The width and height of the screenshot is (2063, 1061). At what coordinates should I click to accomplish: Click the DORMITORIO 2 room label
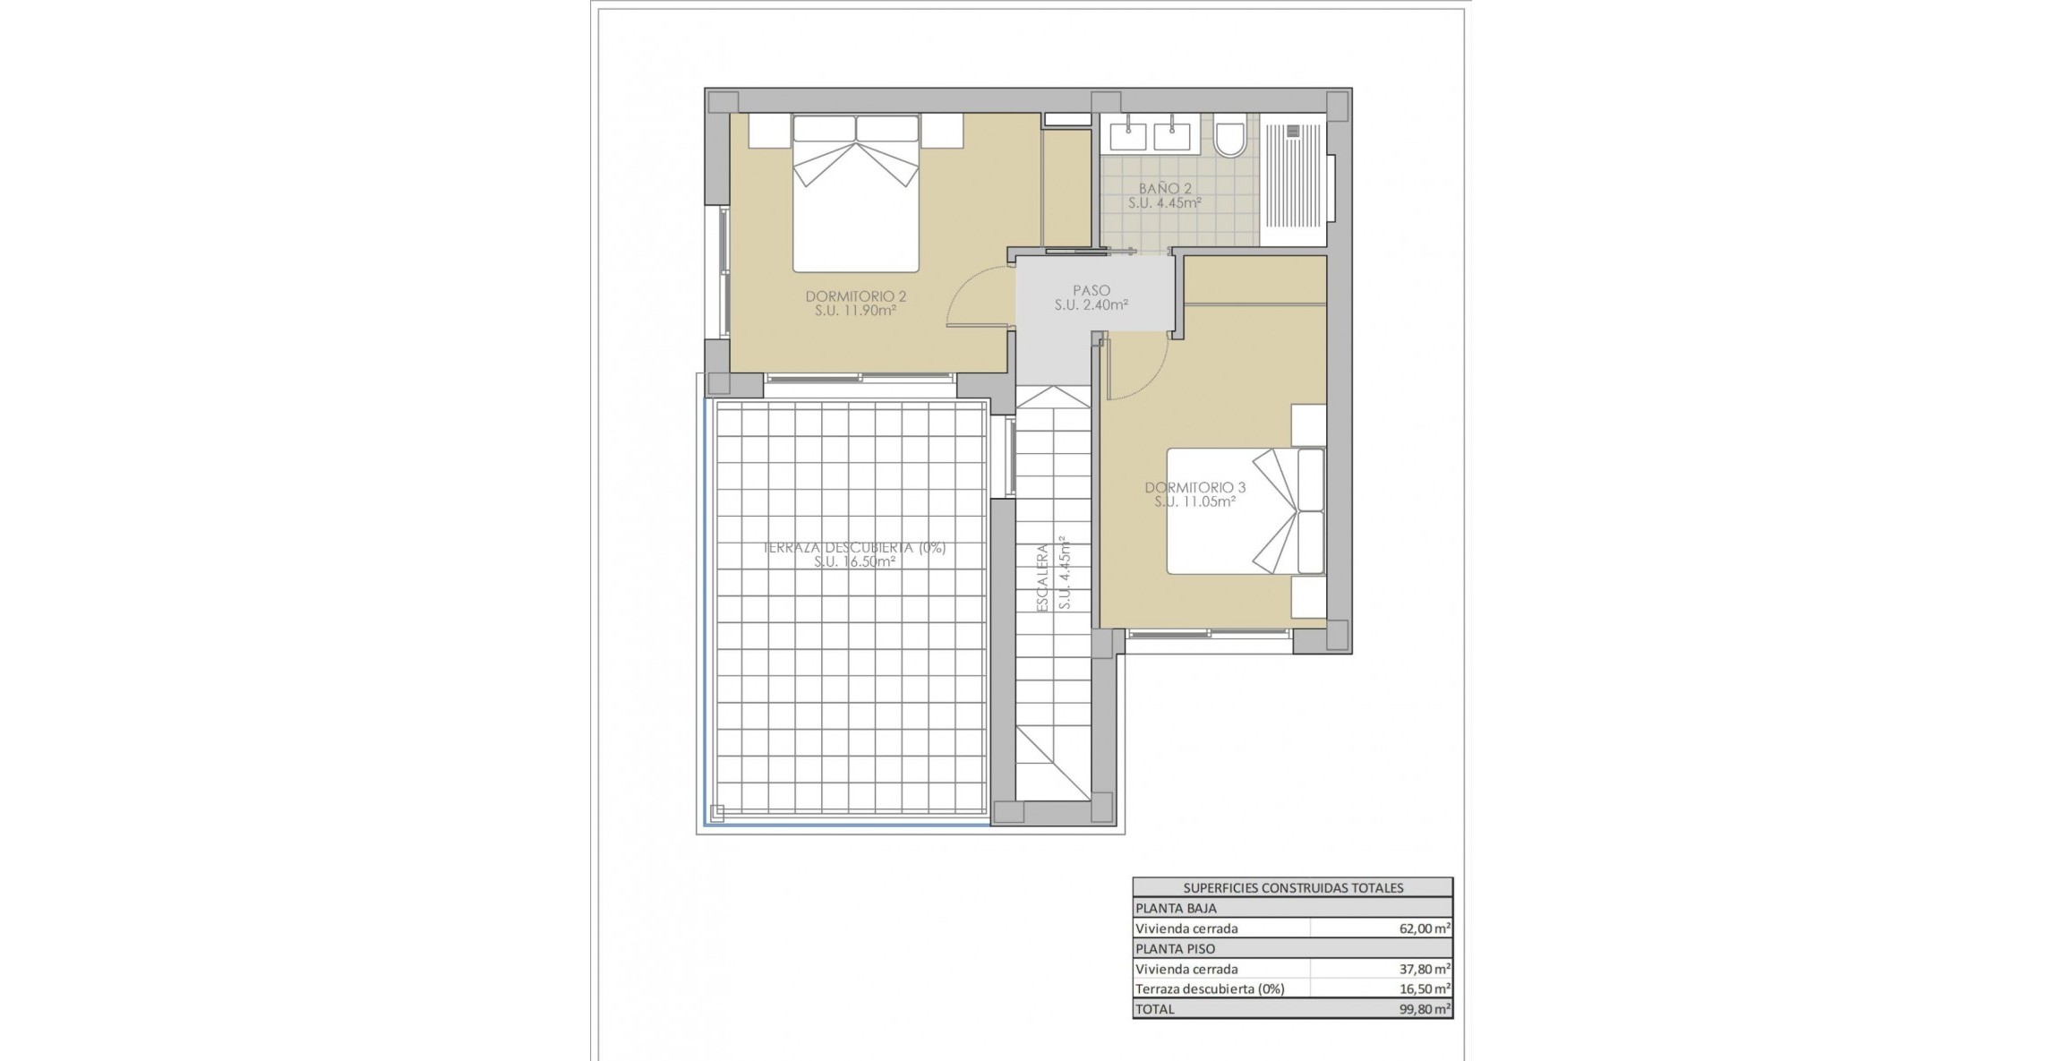[855, 296]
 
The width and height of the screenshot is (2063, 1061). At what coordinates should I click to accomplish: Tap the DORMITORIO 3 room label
[1194, 488]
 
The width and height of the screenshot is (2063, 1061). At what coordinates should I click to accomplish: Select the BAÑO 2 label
[1165, 189]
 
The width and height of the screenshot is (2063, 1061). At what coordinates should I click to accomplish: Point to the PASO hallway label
[1091, 290]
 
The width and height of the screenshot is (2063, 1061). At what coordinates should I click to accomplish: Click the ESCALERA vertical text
[1042, 578]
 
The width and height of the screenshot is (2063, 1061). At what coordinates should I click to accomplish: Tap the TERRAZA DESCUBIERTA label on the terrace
[854, 548]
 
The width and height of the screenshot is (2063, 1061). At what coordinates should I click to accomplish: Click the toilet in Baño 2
[1229, 140]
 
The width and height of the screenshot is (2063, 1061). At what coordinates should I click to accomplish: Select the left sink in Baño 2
[1128, 137]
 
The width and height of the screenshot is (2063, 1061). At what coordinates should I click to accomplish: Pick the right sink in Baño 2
[1171, 137]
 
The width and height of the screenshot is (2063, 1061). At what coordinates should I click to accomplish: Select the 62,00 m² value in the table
[1425, 928]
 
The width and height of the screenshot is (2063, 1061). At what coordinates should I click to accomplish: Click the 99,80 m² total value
[1425, 1009]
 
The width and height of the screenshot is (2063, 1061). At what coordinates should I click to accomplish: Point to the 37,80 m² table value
[1425, 969]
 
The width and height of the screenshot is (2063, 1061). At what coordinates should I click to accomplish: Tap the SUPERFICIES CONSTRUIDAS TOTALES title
[1293, 888]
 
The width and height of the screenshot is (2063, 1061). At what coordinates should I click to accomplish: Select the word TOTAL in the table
[1154, 1009]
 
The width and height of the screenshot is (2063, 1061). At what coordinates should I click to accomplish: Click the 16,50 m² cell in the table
[1425, 988]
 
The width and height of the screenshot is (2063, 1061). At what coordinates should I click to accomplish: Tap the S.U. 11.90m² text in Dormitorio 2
[855, 312]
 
